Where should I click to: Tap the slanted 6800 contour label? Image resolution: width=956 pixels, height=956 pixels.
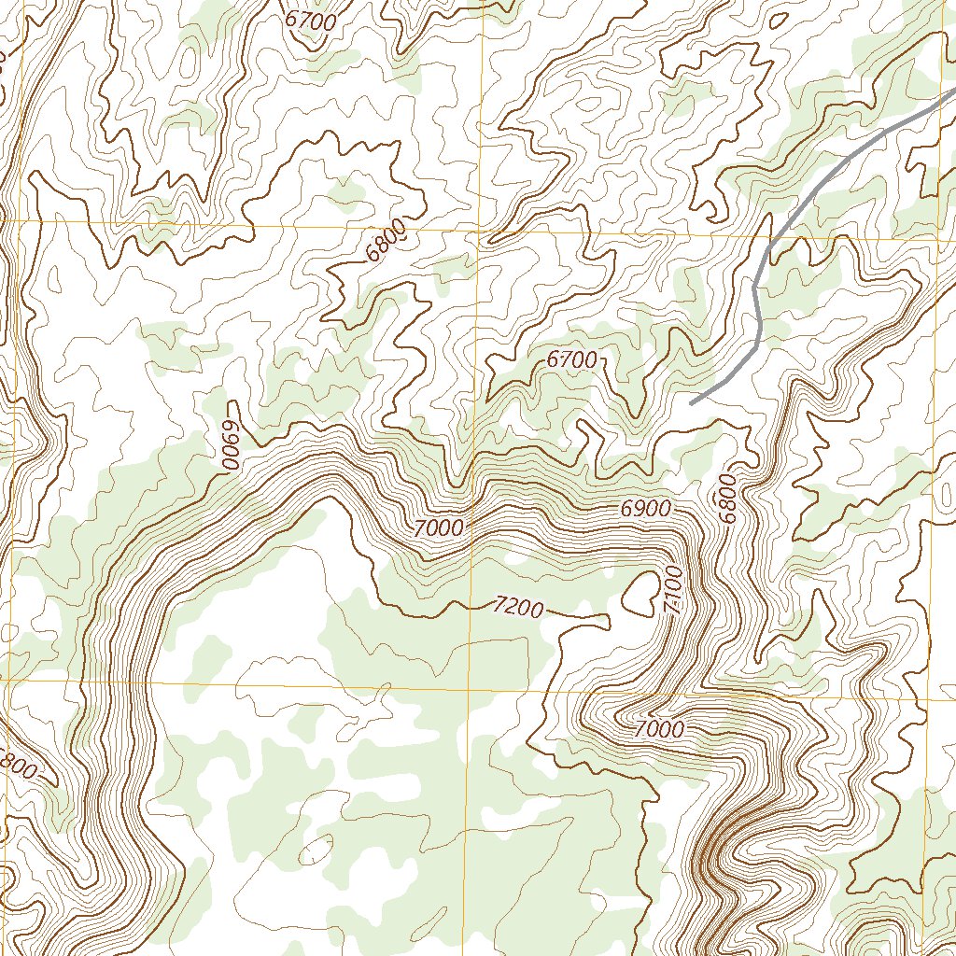[387, 239]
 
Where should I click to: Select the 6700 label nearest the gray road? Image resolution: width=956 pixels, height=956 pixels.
[571, 358]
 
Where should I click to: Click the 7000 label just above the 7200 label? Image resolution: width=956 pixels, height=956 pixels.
[439, 528]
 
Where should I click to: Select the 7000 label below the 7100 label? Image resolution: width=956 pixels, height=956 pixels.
[659, 730]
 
